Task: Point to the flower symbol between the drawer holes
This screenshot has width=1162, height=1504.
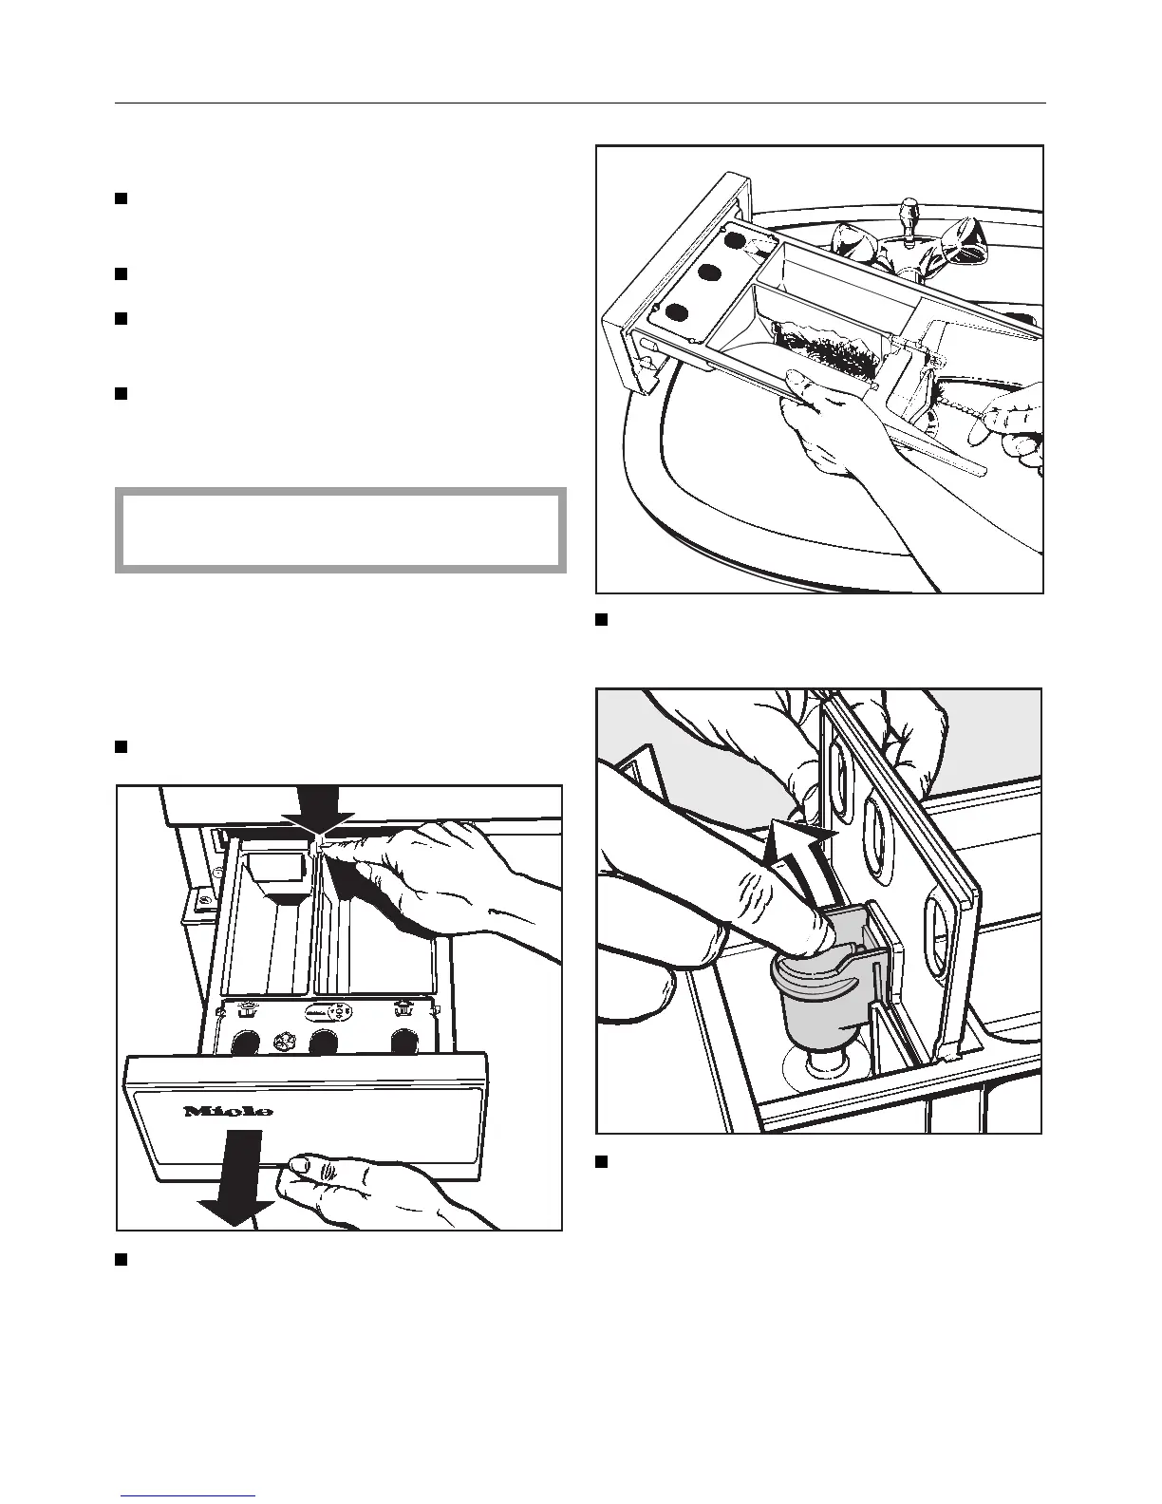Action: [281, 1040]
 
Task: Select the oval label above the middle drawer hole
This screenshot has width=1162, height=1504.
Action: [324, 1012]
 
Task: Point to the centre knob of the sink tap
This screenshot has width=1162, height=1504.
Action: [909, 211]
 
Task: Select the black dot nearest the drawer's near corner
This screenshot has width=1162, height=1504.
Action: [676, 312]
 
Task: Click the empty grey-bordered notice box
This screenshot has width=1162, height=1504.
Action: [340, 530]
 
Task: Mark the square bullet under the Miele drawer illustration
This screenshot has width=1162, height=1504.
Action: [122, 1259]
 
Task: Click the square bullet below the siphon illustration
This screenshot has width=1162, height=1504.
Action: [601, 1161]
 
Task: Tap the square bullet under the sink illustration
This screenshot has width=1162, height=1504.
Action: [601, 620]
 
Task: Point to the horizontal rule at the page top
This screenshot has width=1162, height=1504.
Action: [580, 103]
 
